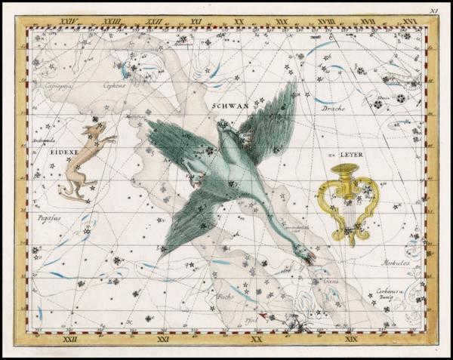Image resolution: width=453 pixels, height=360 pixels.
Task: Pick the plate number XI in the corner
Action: tap(434, 11)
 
